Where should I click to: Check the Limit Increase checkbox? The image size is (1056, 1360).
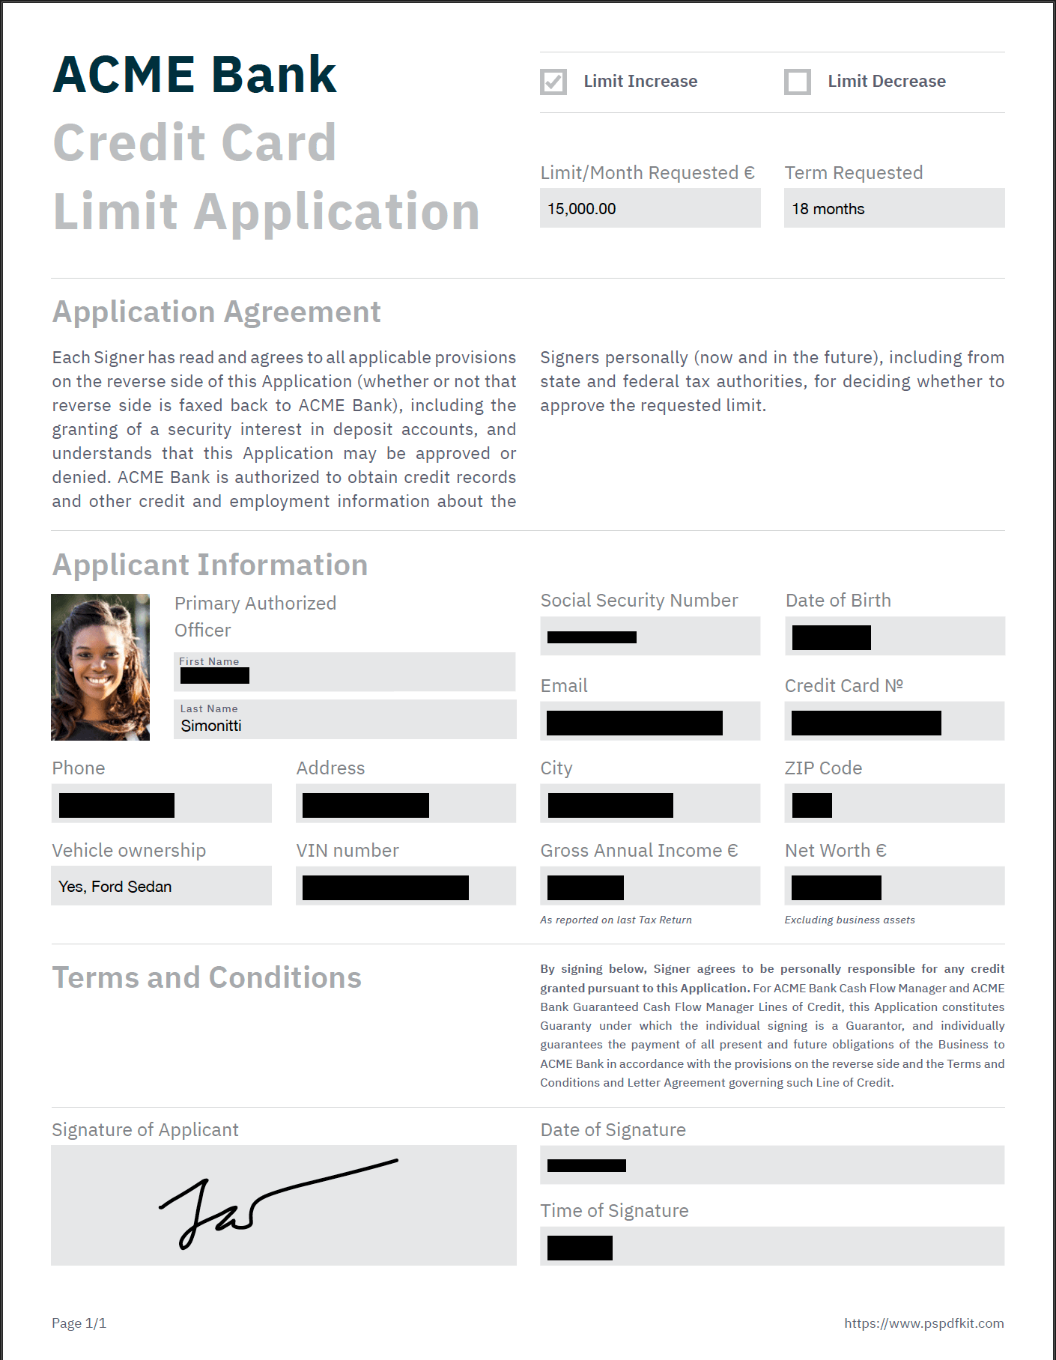click(x=553, y=82)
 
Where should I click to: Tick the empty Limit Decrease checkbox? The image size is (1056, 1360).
click(x=798, y=82)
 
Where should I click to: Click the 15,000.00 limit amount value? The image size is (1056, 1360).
click(x=582, y=209)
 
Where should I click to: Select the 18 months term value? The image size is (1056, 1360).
click(x=828, y=209)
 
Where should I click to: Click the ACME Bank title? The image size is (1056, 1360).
click(x=195, y=75)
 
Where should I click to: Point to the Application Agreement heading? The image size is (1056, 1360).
click(x=216, y=312)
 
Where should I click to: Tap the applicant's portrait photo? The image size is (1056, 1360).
click(x=100, y=667)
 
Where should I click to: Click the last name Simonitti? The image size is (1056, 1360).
click(x=211, y=726)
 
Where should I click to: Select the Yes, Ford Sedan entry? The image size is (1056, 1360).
click(x=115, y=887)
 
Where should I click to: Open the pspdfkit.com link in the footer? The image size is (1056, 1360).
click(x=923, y=1323)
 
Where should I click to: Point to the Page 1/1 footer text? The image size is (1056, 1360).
click(x=79, y=1323)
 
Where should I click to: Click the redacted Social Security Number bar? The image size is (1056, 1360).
click(x=592, y=637)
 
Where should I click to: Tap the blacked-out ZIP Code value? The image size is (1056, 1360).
click(x=812, y=805)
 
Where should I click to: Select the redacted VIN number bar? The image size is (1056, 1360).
click(x=386, y=887)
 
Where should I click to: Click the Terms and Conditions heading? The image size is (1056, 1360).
click(x=207, y=978)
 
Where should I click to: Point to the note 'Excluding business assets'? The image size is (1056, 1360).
click(x=849, y=920)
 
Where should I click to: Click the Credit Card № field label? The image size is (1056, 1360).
click(x=843, y=686)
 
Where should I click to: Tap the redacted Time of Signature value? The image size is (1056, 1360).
click(x=580, y=1248)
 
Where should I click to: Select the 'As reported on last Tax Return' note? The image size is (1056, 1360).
click(x=616, y=920)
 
